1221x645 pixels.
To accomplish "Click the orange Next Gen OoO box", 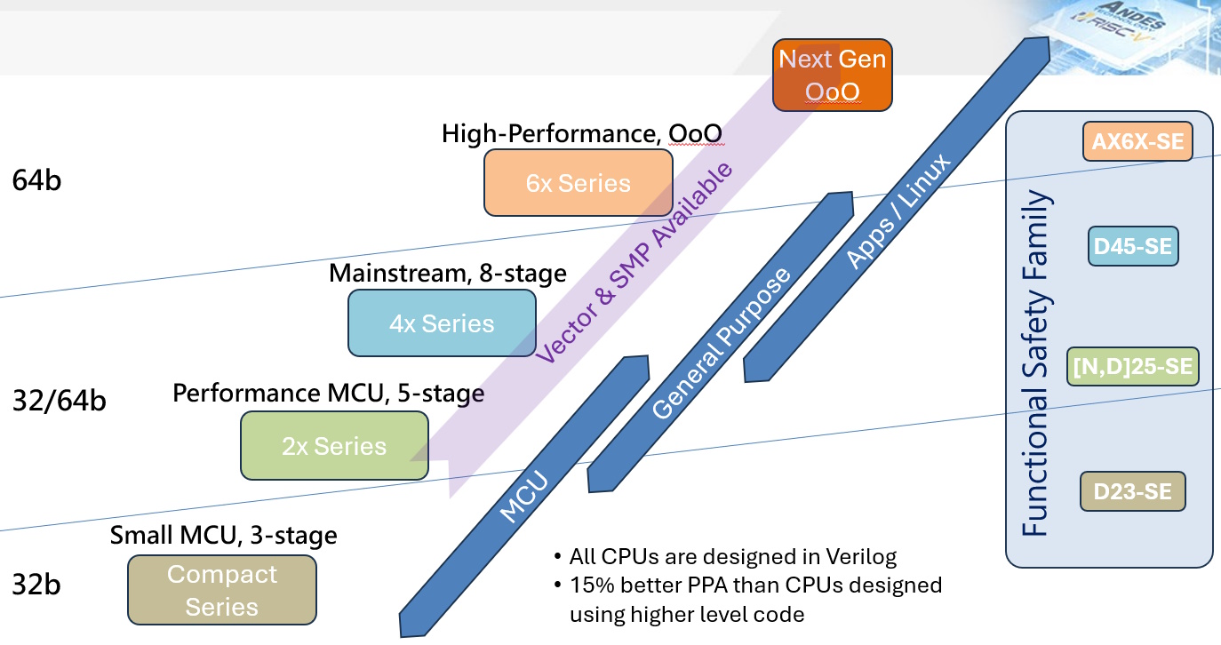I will click(831, 76).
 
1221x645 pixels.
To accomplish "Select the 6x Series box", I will click(578, 183).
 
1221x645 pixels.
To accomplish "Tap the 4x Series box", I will click(442, 323).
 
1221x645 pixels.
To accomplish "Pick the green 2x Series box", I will click(334, 445).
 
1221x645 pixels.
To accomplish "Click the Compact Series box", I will click(222, 590).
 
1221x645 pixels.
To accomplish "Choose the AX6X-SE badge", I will click(1137, 142).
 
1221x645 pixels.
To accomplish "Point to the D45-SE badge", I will click(1133, 247).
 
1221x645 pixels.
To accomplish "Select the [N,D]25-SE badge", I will click(1132, 366).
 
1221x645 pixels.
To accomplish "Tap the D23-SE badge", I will click(1132, 490).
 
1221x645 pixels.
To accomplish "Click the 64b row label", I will click(36, 180).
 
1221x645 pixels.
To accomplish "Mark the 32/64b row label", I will click(60, 401).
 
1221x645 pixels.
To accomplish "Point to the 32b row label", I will click(36, 586).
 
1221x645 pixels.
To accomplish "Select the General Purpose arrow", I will click(720, 343).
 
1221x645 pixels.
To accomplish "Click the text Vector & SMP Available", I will click(635, 262).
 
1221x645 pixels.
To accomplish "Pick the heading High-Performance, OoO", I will click(581, 133).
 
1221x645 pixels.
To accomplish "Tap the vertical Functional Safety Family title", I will click(1035, 364).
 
